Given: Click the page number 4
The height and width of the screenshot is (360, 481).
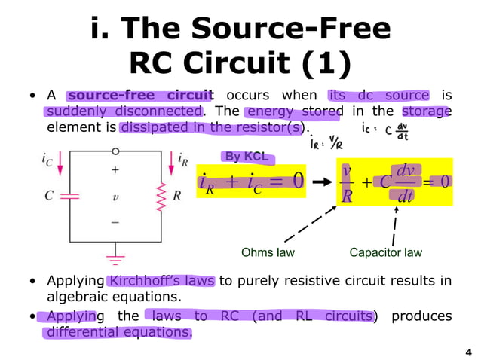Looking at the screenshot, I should click(467, 351).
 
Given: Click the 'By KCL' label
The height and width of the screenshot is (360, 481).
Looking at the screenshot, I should click(245, 157).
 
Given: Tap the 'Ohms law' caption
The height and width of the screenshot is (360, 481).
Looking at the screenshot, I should click(268, 252).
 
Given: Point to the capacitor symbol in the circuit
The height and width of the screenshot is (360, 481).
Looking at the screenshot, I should click(69, 195).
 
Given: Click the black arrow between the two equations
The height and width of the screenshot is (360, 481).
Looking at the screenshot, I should click(321, 182).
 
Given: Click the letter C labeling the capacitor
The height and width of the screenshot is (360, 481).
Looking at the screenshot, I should click(49, 195).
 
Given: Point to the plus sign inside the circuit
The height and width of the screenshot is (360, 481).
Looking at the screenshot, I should click(115, 170).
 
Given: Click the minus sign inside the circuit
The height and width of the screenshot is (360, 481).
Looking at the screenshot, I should click(115, 221).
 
